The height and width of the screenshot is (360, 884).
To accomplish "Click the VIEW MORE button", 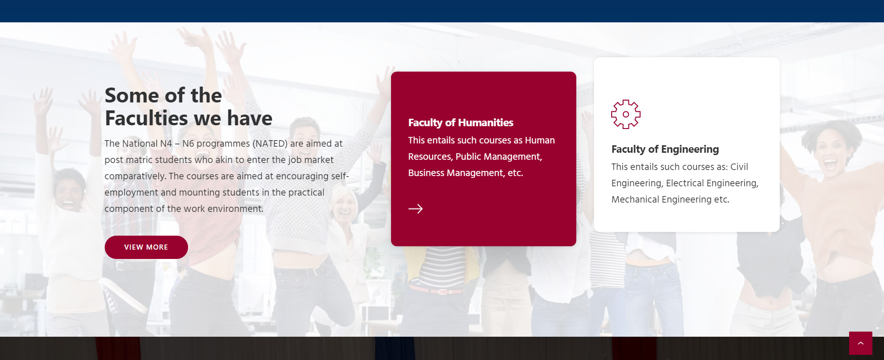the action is tap(146, 247).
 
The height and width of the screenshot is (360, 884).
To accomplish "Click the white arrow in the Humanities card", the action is tap(416, 209).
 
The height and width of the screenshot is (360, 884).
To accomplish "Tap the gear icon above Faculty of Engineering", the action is tap(626, 114).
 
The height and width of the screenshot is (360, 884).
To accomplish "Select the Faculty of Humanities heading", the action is tap(461, 122).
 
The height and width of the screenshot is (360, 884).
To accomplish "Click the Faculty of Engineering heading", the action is tap(665, 149).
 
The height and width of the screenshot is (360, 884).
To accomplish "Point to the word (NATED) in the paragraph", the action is tap(270, 143).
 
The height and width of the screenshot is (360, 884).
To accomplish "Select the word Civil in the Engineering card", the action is tap(739, 167).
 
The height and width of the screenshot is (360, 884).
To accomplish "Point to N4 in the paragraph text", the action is tap(166, 143).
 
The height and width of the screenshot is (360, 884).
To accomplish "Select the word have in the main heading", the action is tap(250, 118).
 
